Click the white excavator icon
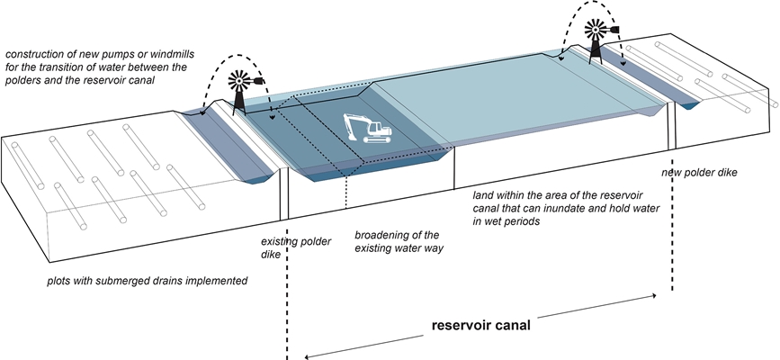366,130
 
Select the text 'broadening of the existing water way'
396,240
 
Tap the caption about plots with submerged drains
148,282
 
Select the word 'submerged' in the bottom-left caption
118,282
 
